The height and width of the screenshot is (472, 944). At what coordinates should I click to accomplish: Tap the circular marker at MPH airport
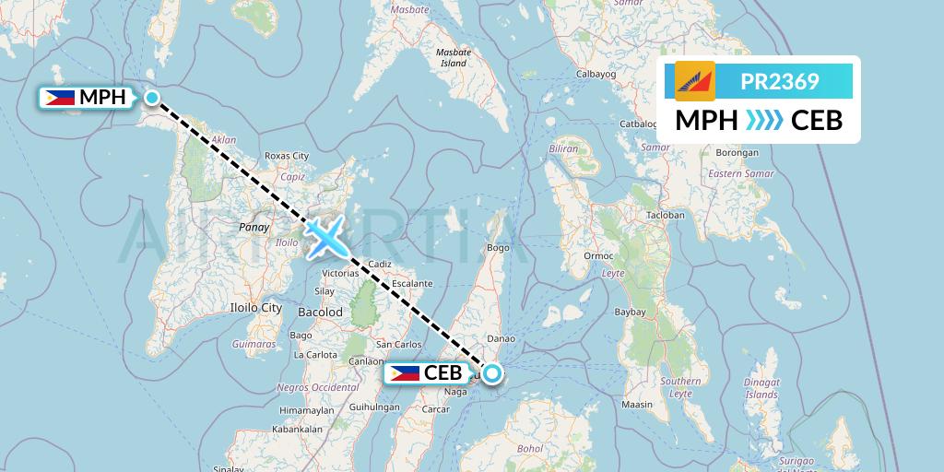pos(153,97)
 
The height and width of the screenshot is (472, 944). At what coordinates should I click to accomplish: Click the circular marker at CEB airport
pos(492,373)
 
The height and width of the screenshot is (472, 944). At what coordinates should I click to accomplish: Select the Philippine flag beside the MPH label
pos(60,97)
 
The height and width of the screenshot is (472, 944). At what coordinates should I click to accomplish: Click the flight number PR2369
pos(779,82)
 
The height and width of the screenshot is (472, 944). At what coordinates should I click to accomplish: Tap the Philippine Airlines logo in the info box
pos(695,82)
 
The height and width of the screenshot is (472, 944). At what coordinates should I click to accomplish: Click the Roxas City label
pos(287,156)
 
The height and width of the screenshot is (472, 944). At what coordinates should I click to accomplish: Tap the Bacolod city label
pos(321,313)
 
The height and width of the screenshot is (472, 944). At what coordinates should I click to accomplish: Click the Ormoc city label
pos(598,255)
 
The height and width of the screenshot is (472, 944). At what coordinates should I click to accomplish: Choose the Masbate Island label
pos(454,58)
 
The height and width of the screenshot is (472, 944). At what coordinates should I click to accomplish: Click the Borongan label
pos(736,152)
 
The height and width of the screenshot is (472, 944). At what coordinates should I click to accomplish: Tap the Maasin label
pos(636,404)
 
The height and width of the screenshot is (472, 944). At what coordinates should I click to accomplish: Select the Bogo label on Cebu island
pos(499,247)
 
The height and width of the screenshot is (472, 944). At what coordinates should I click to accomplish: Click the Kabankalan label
pos(301,429)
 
